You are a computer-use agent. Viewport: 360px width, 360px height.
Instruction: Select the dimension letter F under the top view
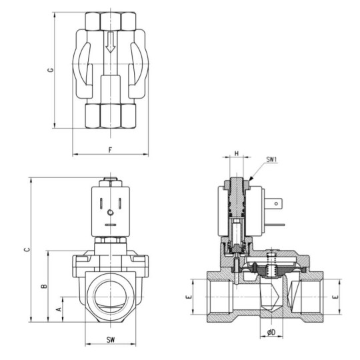click(110, 149)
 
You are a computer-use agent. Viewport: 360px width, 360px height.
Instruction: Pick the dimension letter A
click(58, 309)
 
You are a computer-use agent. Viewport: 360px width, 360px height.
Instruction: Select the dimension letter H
click(237, 154)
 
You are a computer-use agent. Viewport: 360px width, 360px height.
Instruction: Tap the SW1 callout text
click(272, 160)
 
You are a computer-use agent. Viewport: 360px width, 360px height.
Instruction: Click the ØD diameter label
click(271, 333)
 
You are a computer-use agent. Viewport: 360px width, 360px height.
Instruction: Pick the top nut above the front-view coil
click(111, 181)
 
